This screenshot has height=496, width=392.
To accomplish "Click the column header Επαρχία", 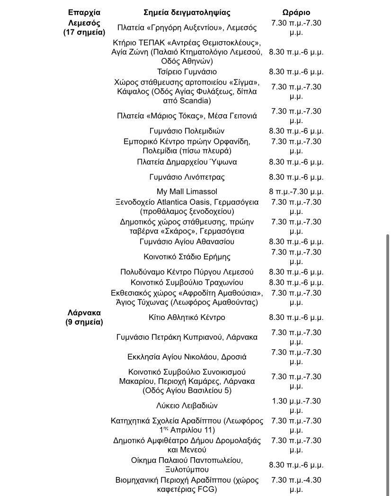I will (84, 13).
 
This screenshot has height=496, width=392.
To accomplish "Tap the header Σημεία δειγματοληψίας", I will (187, 13).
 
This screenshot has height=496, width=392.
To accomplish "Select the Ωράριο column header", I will (296, 13).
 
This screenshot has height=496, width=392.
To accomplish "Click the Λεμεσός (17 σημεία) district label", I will (84, 27).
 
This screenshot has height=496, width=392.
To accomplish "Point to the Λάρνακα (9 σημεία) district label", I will (84, 318).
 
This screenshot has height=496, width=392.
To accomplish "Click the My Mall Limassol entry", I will (187, 192).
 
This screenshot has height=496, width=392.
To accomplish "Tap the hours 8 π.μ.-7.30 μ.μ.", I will (296, 192).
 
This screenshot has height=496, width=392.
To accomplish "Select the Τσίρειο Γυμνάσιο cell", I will (187, 72).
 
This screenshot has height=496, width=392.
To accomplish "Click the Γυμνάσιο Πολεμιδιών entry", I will (187, 131).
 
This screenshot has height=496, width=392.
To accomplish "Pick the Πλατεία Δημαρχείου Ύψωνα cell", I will (187, 162).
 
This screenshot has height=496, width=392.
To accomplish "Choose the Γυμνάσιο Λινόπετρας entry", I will (187, 177).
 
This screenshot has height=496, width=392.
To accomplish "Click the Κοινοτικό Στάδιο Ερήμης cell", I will (187, 257).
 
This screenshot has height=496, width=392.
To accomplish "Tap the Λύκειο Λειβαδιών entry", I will (187, 406).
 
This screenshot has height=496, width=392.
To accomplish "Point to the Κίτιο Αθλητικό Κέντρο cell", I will (187, 318).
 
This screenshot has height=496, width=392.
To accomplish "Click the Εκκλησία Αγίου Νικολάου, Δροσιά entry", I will (187, 357).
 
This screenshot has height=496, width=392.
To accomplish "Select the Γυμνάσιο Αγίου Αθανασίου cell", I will (187, 242).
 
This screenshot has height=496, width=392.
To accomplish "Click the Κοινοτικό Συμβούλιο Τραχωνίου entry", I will (187, 283).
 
